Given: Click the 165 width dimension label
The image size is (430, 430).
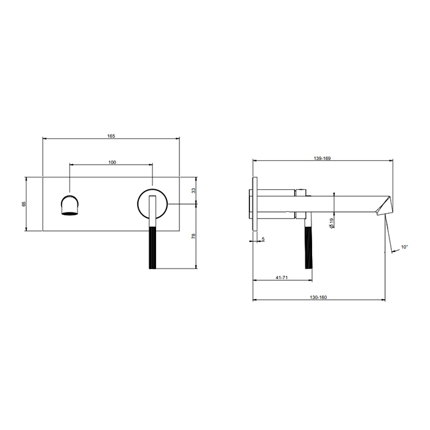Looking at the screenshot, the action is click(x=111, y=136).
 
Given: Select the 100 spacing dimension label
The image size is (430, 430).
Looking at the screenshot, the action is click(x=112, y=162).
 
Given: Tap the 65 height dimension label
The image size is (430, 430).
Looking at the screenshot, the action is click(x=23, y=204).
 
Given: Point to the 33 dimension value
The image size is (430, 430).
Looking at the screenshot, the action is click(x=193, y=190).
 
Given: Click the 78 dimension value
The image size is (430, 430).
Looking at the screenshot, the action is click(x=193, y=236).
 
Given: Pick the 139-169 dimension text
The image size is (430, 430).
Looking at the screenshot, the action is click(x=322, y=158).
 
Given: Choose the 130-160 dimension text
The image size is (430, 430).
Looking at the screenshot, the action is click(x=318, y=297).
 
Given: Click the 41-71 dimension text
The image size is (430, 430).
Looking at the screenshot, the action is click(x=281, y=278).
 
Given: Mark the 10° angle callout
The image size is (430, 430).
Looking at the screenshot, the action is click(x=404, y=247).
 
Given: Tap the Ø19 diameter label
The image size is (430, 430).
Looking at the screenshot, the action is click(x=331, y=223).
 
